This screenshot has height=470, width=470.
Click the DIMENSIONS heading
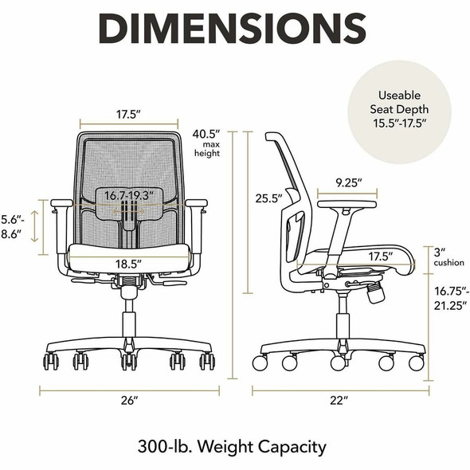click(x=233, y=28)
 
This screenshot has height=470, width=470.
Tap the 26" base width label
click(x=130, y=400)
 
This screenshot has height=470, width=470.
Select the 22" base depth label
click(x=339, y=400)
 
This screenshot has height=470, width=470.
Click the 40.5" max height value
click(x=206, y=134)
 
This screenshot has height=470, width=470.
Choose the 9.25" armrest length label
click(x=349, y=182)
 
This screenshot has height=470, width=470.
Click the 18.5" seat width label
click(x=128, y=264)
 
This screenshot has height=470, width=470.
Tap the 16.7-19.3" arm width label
click(x=129, y=195)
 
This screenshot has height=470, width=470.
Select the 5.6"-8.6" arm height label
click(x=13, y=227)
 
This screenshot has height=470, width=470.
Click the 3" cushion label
click(x=448, y=257)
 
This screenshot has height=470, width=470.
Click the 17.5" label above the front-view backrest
click(x=128, y=114)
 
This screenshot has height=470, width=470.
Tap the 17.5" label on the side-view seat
click(x=380, y=257)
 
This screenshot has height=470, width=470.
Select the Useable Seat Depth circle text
click(x=399, y=109)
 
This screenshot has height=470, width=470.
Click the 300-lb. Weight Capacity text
click(x=232, y=447)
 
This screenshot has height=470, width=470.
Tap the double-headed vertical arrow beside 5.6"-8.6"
click(x=35, y=226)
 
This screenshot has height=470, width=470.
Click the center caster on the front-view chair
click(x=129, y=362)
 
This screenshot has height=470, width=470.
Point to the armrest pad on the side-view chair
click(x=347, y=205)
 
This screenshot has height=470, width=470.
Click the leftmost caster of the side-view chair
click(x=260, y=362)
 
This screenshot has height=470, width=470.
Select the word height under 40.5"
click(x=207, y=153)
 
